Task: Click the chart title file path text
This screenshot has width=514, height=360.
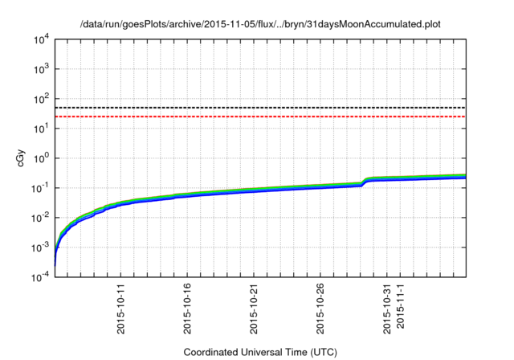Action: [260, 23]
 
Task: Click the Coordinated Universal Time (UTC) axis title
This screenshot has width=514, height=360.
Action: [261, 352]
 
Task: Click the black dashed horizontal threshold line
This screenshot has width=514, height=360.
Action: [260, 108]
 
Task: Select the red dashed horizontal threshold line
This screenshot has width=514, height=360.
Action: [260, 117]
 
